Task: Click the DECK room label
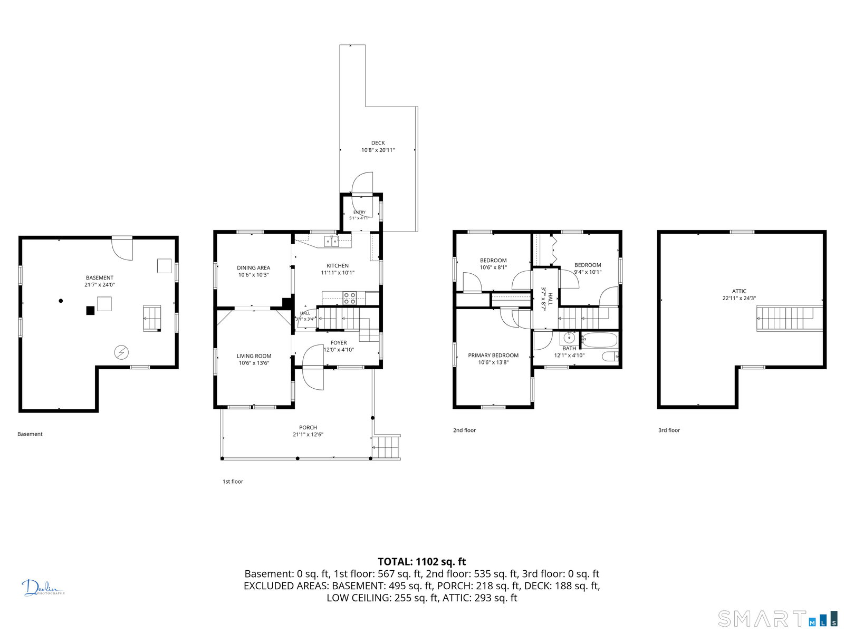[378, 142]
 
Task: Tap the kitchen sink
[331, 241]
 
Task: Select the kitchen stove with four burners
[349, 298]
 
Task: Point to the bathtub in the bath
[599, 340]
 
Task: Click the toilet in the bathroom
[610, 357]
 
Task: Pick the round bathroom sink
[569, 338]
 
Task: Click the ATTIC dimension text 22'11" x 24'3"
[739, 298]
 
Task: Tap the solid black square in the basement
[90, 311]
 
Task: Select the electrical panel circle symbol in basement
[121, 352]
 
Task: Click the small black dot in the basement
[61, 301]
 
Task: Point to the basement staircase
[152, 318]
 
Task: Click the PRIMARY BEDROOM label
[493, 356]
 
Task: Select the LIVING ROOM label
[254, 356]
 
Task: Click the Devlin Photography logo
[43, 588]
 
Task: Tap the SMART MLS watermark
[777, 619]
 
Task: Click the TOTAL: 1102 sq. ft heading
[422, 561]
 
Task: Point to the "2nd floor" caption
[465, 430]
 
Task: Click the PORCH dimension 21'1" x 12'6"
[308, 434]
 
